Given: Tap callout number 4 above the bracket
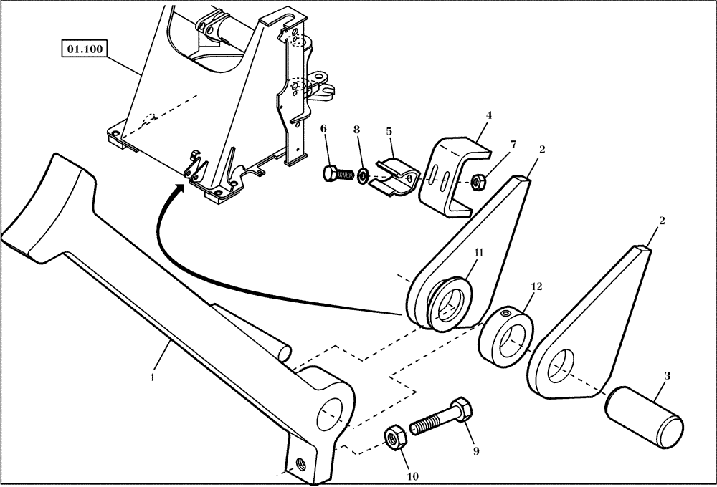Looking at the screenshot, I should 488,115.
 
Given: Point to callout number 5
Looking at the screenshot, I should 389,132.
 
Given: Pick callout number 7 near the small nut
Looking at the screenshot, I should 513,145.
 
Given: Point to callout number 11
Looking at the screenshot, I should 479,252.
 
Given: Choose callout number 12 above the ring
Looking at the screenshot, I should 534,286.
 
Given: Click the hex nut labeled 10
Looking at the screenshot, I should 395,437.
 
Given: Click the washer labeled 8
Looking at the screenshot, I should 364,175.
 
